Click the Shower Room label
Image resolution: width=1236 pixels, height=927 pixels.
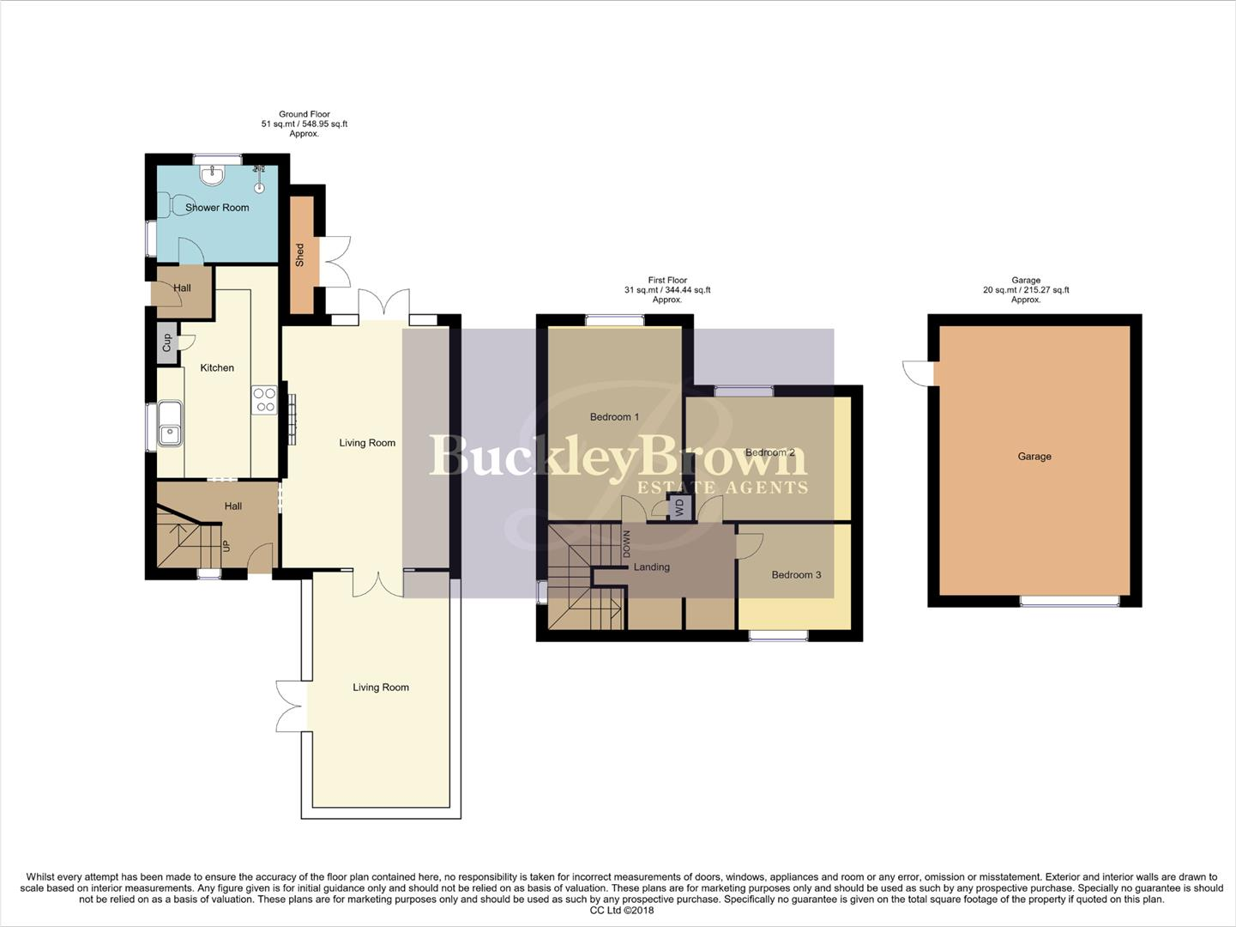[x=217, y=208]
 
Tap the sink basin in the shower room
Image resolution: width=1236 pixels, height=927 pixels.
[x=211, y=175]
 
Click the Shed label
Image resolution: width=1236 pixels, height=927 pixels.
[x=300, y=254]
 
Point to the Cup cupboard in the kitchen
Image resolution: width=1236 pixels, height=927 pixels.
[x=166, y=343]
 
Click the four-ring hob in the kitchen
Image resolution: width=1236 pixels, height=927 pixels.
[x=264, y=401]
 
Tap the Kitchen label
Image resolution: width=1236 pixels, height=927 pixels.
[x=217, y=368]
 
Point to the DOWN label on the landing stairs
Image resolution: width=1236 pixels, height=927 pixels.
[x=626, y=543]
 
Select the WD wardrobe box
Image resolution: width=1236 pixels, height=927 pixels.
[x=680, y=507]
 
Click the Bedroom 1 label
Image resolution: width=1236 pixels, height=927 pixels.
[x=614, y=417]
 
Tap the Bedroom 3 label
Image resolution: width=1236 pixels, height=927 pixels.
[x=796, y=575]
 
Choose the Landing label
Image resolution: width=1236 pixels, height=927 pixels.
[x=651, y=567]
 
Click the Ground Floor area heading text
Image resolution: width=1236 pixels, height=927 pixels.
[x=304, y=124]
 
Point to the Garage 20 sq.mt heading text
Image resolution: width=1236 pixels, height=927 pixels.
[x=1026, y=290]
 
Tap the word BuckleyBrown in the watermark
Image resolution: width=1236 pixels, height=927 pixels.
[x=618, y=456]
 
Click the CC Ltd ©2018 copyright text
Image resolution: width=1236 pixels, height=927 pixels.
[x=621, y=911]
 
